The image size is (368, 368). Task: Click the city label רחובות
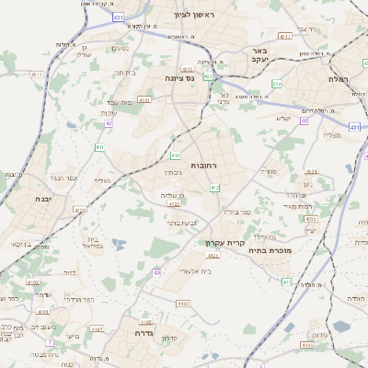pos(202,165)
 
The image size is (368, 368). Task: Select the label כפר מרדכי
pos(81,298)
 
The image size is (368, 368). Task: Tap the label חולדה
pos(356,299)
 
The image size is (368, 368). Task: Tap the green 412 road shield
pos(214,187)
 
